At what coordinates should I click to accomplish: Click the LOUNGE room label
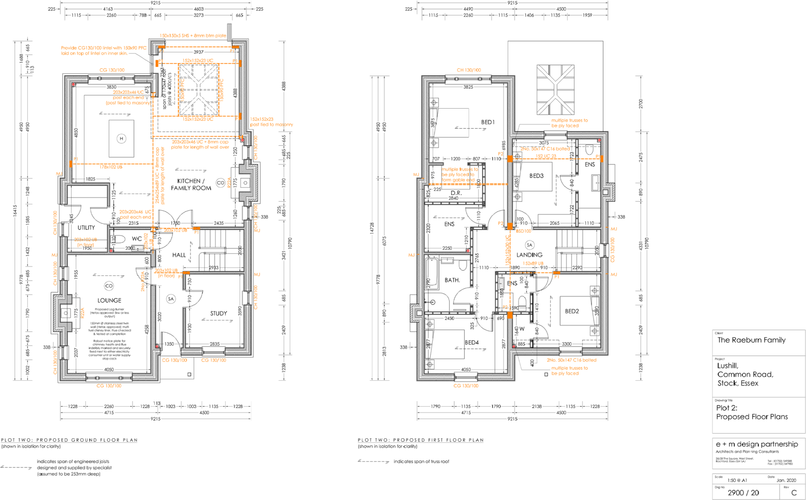pyautogui.click(x=109, y=300)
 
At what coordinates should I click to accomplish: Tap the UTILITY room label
pyautogui.click(x=86, y=227)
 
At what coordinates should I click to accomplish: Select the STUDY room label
pyautogui.click(x=218, y=313)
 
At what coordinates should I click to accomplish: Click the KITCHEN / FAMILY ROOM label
pyautogui.click(x=190, y=184)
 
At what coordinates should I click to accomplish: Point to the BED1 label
pyautogui.click(x=488, y=122)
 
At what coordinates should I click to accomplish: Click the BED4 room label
pyautogui.click(x=472, y=343)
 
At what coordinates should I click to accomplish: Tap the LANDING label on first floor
pyautogui.click(x=529, y=255)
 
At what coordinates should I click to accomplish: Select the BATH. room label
pyautogui.click(x=452, y=280)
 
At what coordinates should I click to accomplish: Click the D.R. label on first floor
pyautogui.click(x=456, y=193)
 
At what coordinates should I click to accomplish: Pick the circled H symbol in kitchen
pyautogui.click(x=121, y=138)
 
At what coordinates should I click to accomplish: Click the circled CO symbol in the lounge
pyautogui.click(x=109, y=286)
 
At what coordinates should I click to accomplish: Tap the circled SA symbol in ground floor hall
pyautogui.click(x=171, y=299)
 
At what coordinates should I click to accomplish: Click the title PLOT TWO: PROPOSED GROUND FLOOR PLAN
pyautogui.click(x=69, y=440)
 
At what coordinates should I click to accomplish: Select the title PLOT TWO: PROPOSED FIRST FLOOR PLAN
pyautogui.click(x=420, y=440)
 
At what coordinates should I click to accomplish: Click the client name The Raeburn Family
pyautogui.click(x=751, y=340)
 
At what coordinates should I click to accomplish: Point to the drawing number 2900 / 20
pyautogui.click(x=743, y=493)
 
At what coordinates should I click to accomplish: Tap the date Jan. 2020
pyautogui.click(x=786, y=481)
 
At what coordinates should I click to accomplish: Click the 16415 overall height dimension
pyautogui.click(x=15, y=211)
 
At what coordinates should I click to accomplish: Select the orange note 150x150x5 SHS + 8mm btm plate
pyautogui.click(x=193, y=36)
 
